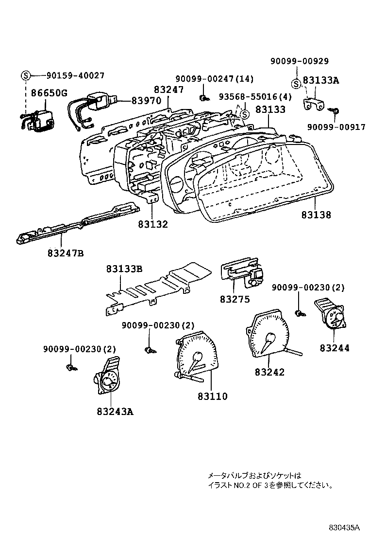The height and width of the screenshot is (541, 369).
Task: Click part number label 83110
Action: pos(212,397)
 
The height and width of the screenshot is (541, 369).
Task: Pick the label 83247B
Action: pos(66,253)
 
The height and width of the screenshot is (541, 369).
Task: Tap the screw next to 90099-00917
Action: pos(335,111)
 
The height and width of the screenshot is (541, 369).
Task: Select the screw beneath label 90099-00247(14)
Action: pos(202,98)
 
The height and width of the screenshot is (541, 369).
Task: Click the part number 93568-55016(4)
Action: pos(254,97)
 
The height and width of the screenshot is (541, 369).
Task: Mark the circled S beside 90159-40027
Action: pos(25,75)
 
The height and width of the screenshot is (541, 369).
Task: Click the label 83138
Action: pos(316,214)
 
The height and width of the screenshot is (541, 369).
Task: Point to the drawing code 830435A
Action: pos(343,527)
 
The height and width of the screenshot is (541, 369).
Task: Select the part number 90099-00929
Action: pos(300,61)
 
